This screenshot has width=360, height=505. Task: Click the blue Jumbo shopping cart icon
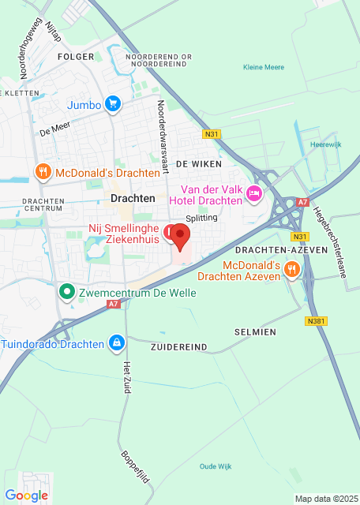click(113, 103)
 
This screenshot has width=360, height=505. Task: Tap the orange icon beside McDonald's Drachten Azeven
click(291, 270)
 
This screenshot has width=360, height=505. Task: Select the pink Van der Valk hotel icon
click(253, 193)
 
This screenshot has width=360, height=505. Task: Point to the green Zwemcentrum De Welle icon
click(68, 293)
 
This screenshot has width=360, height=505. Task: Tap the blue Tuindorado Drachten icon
click(117, 342)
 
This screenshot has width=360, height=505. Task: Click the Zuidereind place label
click(178, 346)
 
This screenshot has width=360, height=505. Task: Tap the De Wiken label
click(198, 163)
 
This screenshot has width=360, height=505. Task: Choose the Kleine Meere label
click(264, 67)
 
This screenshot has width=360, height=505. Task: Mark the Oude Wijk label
click(215, 466)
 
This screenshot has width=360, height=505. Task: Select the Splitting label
click(201, 218)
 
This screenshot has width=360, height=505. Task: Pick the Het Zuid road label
click(126, 378)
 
